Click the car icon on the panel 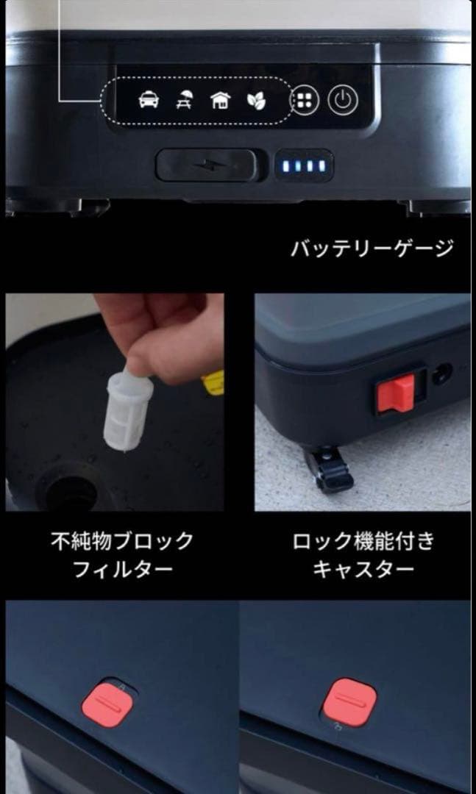pos(149,100)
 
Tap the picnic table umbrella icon pos(185,100)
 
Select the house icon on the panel pos(220,100)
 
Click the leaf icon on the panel pos(255,100)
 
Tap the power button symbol pos(342,101)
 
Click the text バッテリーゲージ pos(372,248)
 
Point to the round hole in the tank pos(70,490)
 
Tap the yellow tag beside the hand pos(213,383)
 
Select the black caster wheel pos(328,471)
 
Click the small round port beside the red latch pos(442,375)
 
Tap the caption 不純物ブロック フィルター pos(122,555)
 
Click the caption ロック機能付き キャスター pos(363,555)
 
